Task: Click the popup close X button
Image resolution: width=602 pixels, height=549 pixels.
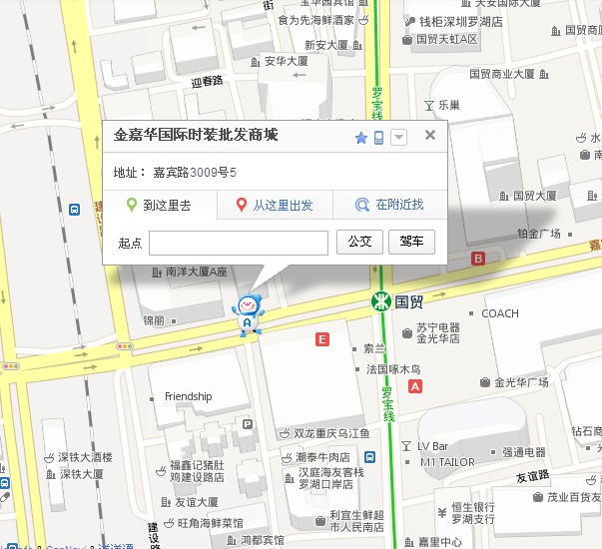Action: coord(430,135)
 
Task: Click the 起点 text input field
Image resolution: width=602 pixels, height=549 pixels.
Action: coord(239,243)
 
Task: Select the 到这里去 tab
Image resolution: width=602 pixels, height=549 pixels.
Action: coord(159,206)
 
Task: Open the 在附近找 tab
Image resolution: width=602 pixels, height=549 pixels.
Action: coord(391,206)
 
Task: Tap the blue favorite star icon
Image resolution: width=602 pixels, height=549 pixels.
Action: coord(361,138)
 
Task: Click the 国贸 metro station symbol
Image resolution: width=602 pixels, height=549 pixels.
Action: coord(379,300)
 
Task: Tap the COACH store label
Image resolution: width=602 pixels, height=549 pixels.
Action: coord(500,313)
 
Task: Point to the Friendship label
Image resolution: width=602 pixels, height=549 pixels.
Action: coord(189,396)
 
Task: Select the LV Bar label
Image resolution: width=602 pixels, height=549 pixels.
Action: coord(432,445)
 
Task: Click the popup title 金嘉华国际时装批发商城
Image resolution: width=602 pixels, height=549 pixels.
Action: coord(196,136)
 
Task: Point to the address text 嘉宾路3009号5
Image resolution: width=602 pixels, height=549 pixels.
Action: coord(195,173)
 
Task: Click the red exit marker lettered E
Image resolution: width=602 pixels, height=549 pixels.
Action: coord(321,339)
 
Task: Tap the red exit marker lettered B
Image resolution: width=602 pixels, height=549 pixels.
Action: coord(477,259)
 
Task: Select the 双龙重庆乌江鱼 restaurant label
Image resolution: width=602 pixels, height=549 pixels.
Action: coord(331,433)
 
